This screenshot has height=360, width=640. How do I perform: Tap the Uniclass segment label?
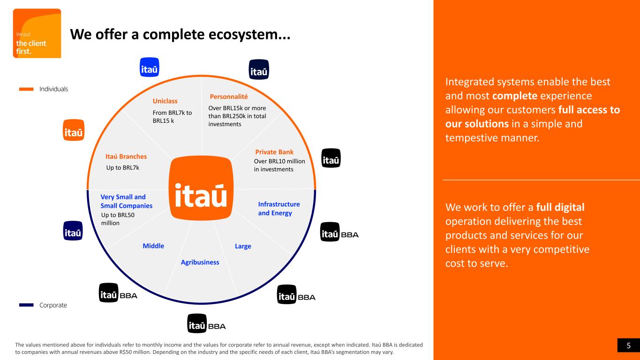pyautogui.click(x=165, y=101)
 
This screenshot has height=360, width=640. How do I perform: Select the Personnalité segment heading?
pyautogui.click(x=229, y=97)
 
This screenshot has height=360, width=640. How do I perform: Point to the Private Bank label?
pyautogui.click(x=274, y=152)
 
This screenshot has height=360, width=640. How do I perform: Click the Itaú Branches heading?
pyautogui.click(x=126, y=156)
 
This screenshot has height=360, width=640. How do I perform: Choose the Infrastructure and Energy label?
pyautogui.click(x=279, y=209)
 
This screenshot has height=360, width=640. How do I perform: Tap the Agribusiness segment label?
pyautogui.click(x=200, y=262)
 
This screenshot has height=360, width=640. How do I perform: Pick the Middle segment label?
pyautogui.click(x=153, y=246)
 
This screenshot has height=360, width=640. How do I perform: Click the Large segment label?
pyautogui.click(x=243, y=246)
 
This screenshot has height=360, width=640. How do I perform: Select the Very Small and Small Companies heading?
pyautogui.click(x=126, y=202)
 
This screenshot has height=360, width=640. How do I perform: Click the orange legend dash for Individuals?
pyautogui.click(x=26, y=89)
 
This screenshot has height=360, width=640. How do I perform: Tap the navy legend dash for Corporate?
pyautogui.click(x=26, y=305)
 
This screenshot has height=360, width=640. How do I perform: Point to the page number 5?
pyautogui.click(x=629, y=346)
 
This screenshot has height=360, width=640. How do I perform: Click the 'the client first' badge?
pyautogui.click(x=37, y=34)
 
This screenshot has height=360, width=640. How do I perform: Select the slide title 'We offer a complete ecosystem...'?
pyautogui.click(x=180, y=34)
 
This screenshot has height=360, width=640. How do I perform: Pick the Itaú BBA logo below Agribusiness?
pyautogui.click(x=206, y=325)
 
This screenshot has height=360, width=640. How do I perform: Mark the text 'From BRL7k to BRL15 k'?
pyautogui.click(x=172, y=116)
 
